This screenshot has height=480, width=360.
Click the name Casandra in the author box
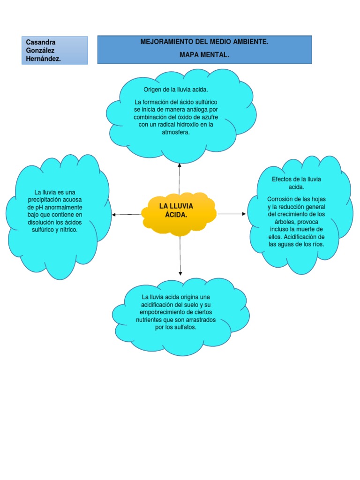(41, 42)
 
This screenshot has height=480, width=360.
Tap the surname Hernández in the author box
(43, 59)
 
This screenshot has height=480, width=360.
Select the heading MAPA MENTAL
(204, 55)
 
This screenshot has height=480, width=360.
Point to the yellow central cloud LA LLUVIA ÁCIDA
(179, 214)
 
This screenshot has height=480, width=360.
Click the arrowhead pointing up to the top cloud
(180, 165)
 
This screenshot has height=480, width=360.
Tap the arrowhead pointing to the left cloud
(113, 215)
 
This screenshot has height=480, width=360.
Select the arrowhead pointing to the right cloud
(244, 214)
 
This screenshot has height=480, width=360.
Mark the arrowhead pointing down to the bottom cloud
(180, 273)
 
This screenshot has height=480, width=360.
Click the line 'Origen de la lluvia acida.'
(176, 90)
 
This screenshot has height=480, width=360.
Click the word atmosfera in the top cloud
(175, 132)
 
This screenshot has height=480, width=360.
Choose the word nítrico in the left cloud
(68, 230)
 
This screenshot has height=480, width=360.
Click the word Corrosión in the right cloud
(280, 199)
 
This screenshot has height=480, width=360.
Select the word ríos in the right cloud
(318, 244)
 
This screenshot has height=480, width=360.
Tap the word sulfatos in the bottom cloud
(185, 327)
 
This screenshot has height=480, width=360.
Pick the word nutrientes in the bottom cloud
(149, 320)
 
